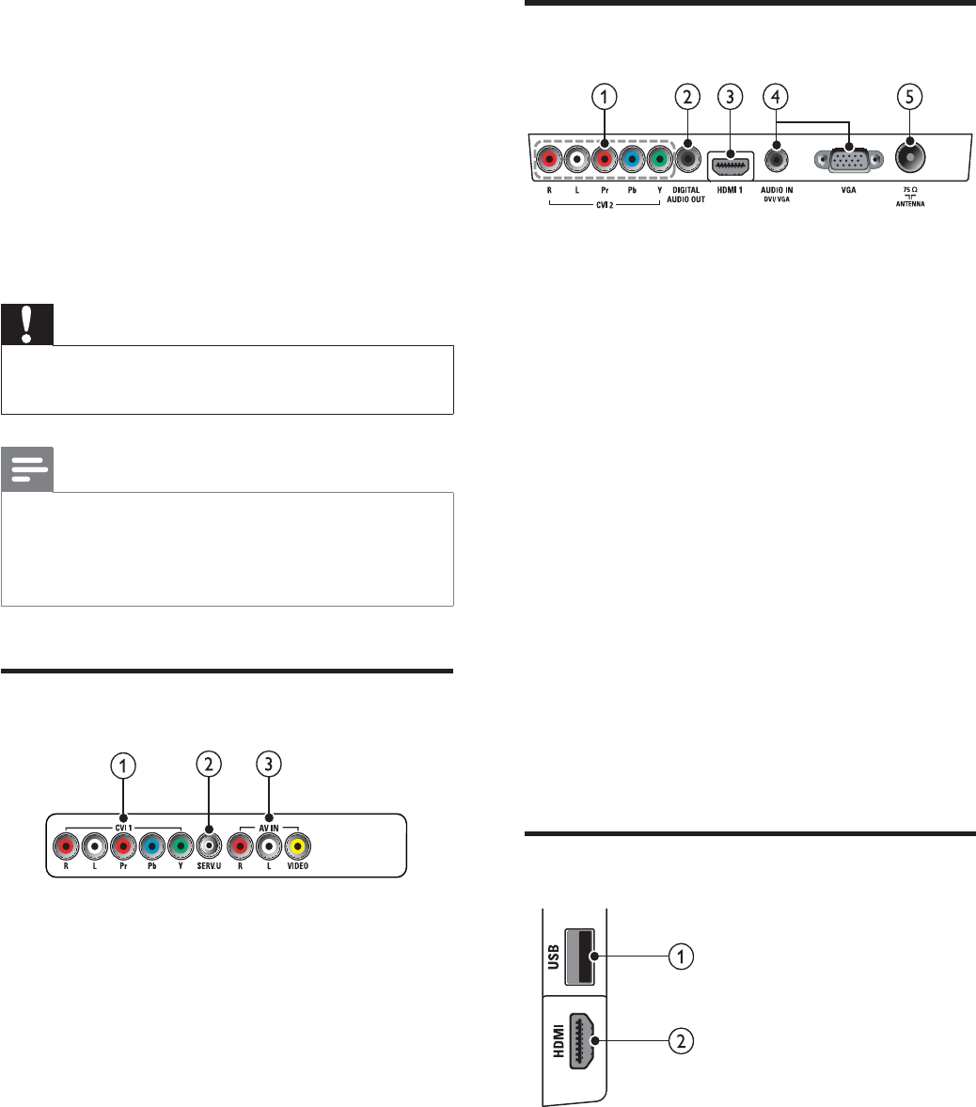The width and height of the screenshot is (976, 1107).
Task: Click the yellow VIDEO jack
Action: tap(298, 846)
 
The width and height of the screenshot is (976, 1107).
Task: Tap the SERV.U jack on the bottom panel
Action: tap(209, 846)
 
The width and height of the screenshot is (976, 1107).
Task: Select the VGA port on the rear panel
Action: tap(848, 160)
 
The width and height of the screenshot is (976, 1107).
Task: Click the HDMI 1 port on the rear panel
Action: tap(731, 167)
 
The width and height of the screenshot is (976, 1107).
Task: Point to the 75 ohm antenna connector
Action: tap(909, 157)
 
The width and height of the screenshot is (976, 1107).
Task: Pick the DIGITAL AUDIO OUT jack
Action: tap(687, 159)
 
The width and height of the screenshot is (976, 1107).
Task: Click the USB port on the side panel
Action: tap(580, 957)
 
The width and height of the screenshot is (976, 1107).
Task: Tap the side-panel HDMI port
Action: tap(581, 1040)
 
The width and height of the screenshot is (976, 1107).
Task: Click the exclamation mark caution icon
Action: tap(27, 324)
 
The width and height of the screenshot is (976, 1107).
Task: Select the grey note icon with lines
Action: tap(27, 469)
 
